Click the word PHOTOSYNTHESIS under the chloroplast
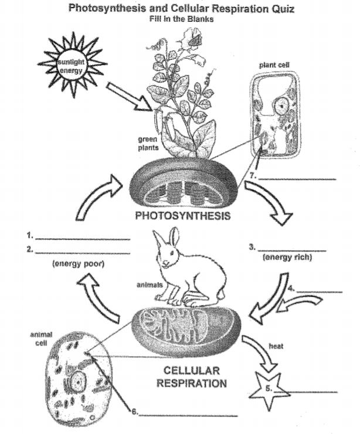(182, 215)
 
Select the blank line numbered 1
(82, 238)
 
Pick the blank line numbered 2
(82, 252)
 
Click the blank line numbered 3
(291, 250)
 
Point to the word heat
(276, 346)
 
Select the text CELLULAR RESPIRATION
(191, 377)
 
